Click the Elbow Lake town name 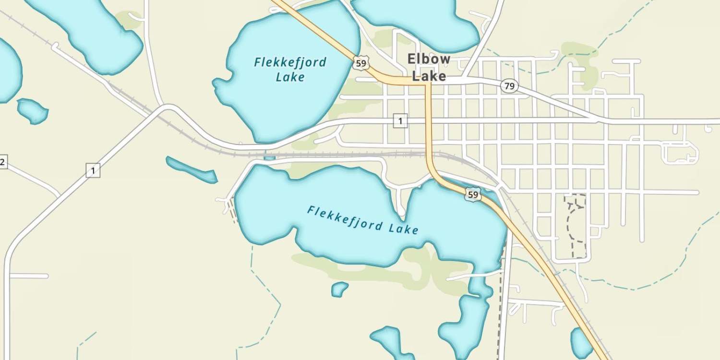click(x=429, y=67)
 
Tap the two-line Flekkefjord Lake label click(x=290, y=69)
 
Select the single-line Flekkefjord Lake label click(x=362, y=220)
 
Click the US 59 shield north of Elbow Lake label click(x=361, y=63)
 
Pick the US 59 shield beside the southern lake click(x=473, y=194)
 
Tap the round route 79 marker click(x=509, y=86)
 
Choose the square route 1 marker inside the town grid click(x=400, y=121)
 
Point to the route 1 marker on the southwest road click(x=93, y=170)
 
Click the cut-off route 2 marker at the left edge click(x=2, y=162)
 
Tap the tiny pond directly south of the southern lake click(x=339, y=289)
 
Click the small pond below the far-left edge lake click(x=33, y=110)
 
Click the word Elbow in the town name click(x=429, y=59)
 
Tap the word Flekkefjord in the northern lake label click(x=290, y=62)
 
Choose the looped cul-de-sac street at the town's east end click(x=681, y=152)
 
